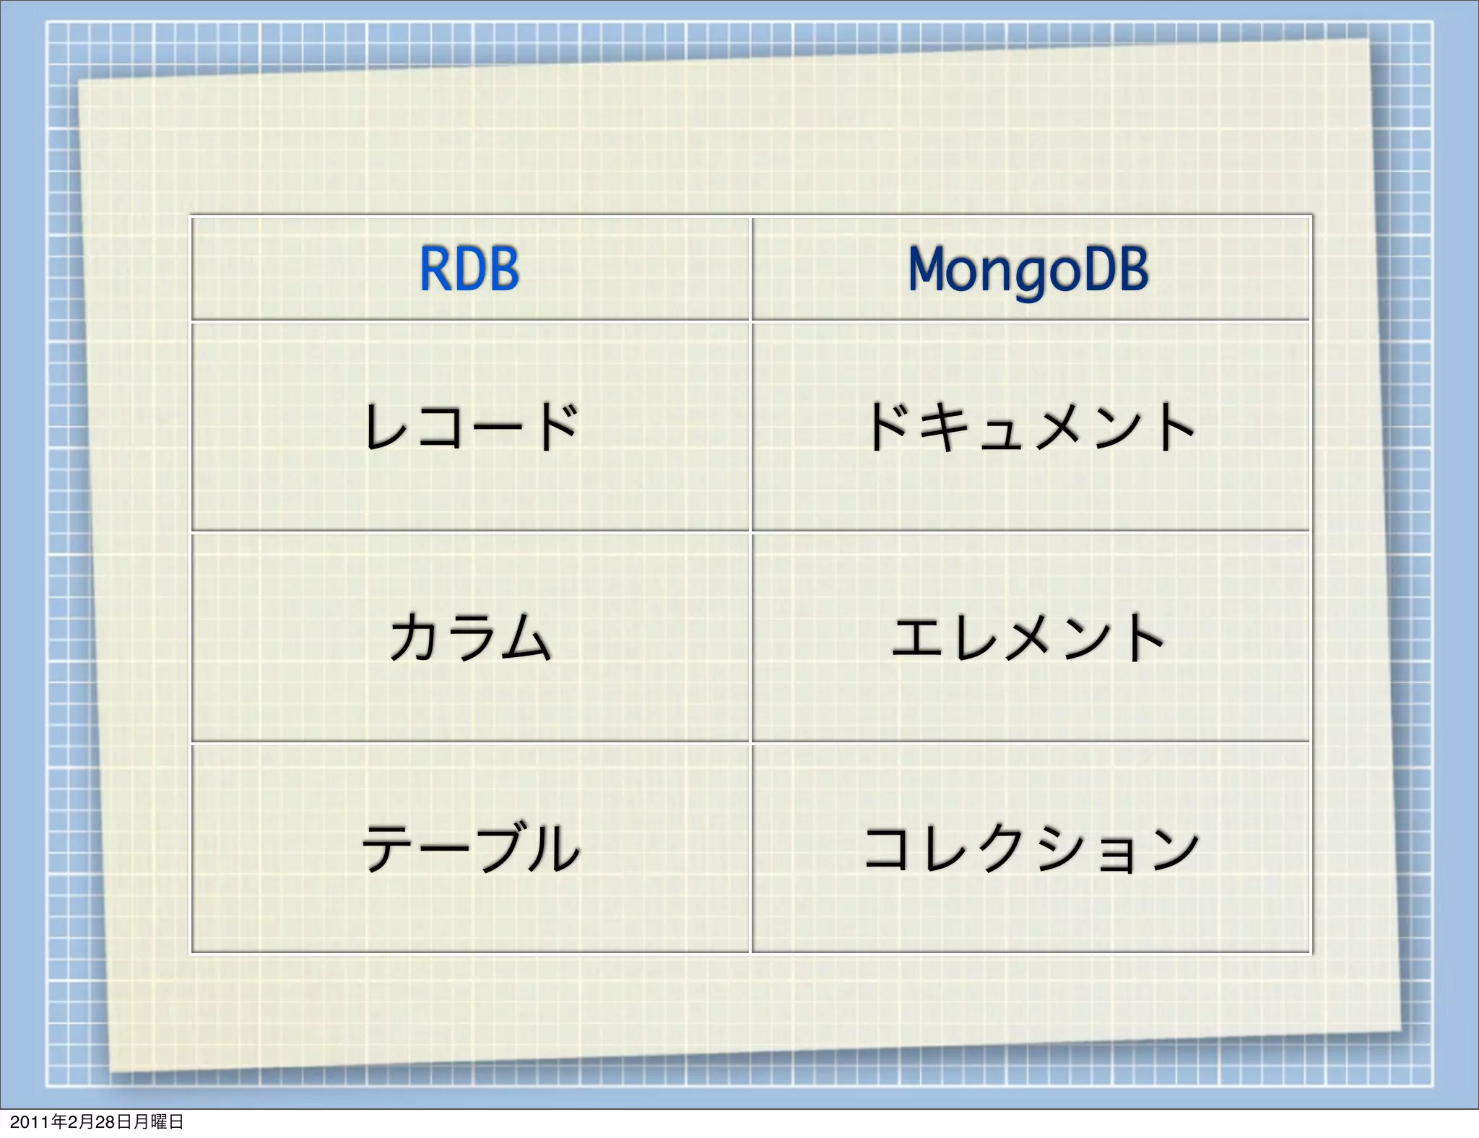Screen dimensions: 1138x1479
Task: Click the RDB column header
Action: (469, 269)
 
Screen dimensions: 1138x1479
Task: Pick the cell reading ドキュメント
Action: (1030, 427)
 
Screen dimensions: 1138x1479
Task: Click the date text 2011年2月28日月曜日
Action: (97, 1121)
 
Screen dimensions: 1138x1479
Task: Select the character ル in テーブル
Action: (553, 848)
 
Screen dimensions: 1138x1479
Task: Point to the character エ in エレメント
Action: (917, 637)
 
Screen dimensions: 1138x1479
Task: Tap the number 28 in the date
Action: (105, 1121)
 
